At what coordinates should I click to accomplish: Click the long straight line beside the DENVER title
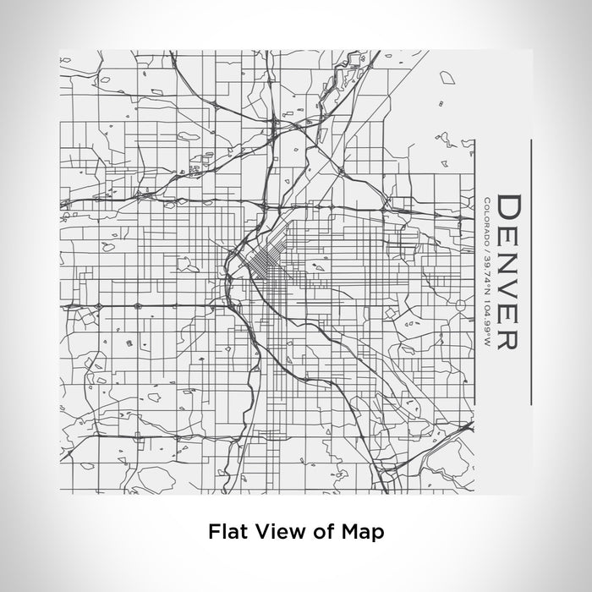(530, 271)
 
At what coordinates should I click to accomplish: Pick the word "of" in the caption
(325, 532)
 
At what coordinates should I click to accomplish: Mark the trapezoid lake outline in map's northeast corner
(448, 80)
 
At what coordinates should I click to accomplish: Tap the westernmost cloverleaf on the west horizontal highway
(100, 305)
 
